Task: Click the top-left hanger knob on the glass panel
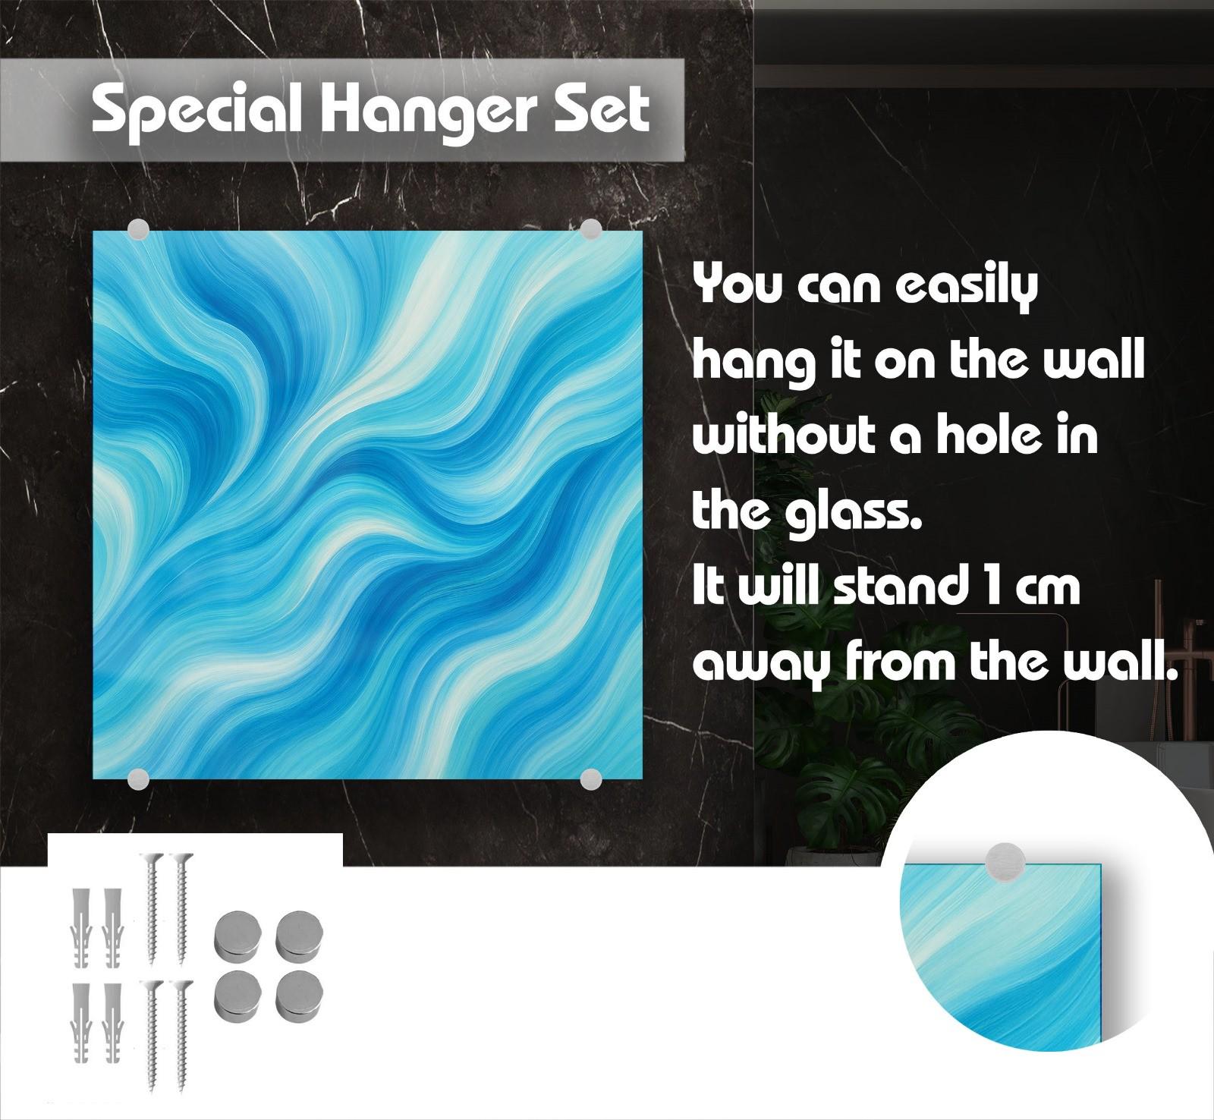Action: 139,230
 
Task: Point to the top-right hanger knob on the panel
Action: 590,230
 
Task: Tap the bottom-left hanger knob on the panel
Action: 139,778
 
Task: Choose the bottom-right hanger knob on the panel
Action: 590,778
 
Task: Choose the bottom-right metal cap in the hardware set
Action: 298,998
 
